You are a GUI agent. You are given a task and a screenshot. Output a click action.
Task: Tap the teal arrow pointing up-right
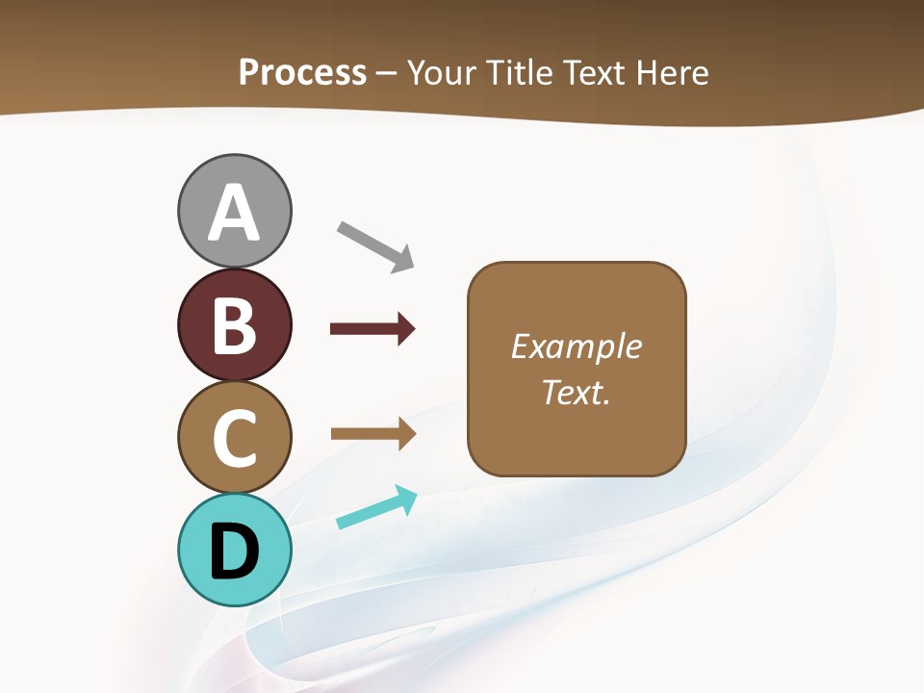(376, 507)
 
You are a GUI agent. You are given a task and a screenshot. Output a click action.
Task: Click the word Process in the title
(302, 73)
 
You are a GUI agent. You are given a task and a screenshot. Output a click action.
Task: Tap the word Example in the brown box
(576, 346)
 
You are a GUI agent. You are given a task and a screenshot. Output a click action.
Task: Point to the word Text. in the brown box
(576, 393)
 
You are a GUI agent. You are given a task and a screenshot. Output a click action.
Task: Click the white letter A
(234, 214)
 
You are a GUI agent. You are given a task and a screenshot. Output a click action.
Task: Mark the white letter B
(234, 325)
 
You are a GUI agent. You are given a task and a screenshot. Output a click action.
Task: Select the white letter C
(234, 438)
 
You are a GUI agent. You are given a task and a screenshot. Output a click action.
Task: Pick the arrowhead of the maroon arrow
(406, 329)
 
